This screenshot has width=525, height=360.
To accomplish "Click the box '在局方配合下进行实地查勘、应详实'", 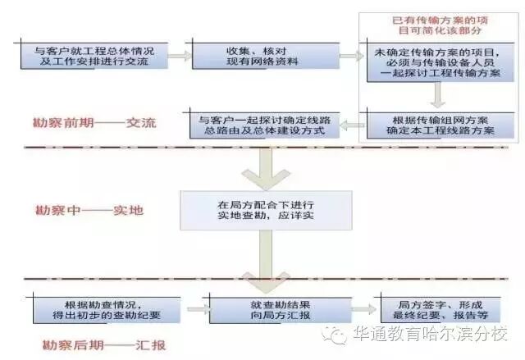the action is (x=267, y=209).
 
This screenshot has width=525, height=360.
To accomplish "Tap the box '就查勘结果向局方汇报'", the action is (x=272, y=308).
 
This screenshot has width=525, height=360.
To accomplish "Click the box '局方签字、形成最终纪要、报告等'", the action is (x=437, y=308).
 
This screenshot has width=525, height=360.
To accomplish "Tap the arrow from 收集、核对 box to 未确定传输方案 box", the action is (x=350, y=56).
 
